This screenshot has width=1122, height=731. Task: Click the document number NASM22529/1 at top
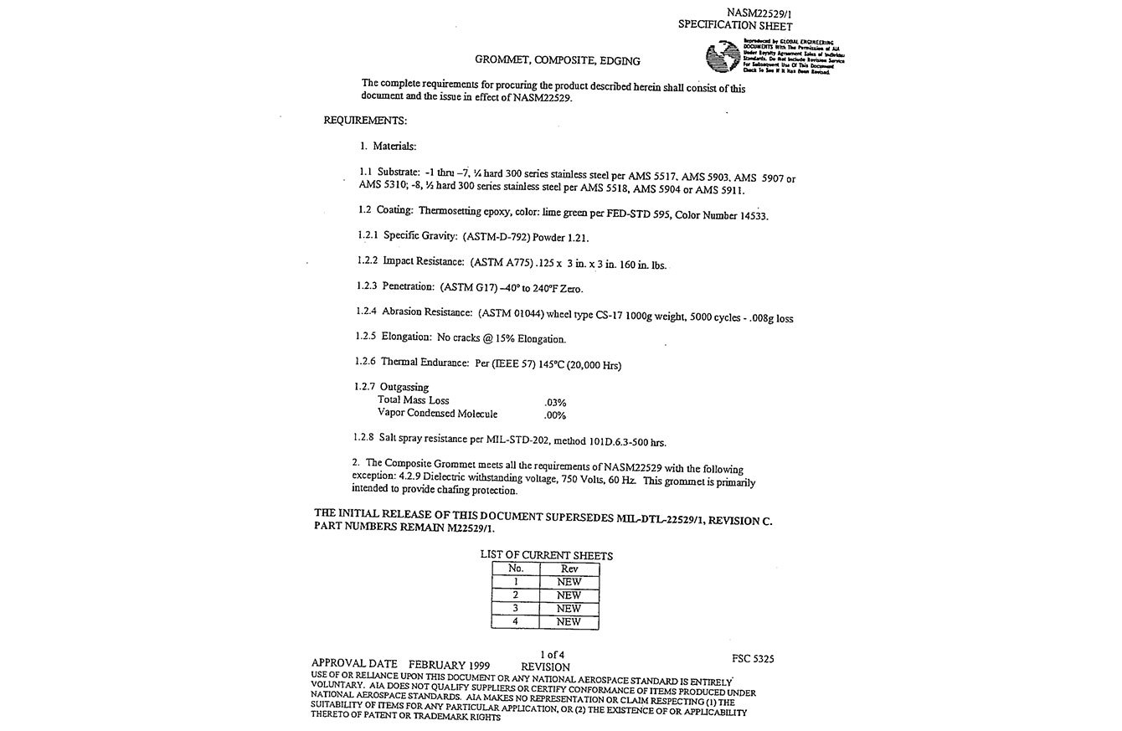[759, 13]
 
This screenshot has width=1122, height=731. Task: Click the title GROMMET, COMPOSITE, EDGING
[558, 60]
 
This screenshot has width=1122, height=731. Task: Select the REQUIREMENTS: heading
[365, 121]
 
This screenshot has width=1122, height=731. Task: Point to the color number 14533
[751, 215]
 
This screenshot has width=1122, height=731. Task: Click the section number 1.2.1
[368, 236]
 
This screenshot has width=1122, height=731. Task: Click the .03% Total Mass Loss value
[555, 403]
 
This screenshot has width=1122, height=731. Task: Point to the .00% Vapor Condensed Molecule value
[555, 415]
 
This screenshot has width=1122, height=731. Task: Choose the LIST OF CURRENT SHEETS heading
[546, 555]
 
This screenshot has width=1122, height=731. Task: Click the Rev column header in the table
[569, 569]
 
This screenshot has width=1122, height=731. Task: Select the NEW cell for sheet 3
[569, 609]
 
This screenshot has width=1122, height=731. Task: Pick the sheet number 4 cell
[516, 622]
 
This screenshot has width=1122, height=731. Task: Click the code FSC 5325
[753, 659]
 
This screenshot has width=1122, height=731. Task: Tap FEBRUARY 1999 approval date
[449, 666]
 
